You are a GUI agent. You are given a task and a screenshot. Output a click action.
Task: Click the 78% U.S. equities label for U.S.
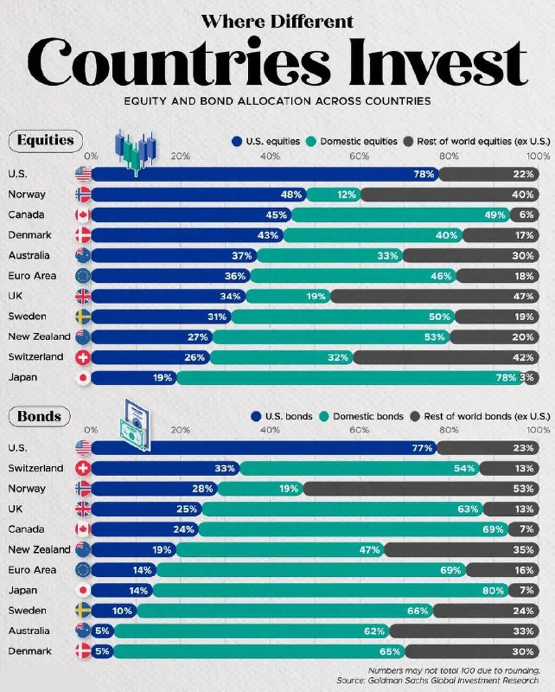point(424,175)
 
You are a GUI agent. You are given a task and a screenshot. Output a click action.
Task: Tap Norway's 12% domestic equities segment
point(334,195)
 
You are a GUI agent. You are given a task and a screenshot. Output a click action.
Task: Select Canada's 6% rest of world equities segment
point(524,215)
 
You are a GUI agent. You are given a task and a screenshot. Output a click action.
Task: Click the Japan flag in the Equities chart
point(83,378)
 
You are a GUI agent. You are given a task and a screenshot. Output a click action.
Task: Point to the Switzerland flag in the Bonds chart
point(83,468)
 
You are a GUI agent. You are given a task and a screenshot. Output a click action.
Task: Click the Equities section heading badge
point(45,140)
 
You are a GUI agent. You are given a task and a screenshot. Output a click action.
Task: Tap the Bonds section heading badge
point(39,416)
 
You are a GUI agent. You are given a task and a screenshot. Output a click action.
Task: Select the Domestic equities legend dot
point(311,142)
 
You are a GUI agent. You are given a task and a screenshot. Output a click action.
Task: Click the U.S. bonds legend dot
point(256,417)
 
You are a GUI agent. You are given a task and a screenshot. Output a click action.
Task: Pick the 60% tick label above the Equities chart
point(359,156)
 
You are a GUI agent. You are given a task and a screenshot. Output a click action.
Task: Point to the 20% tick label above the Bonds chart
point(180,430)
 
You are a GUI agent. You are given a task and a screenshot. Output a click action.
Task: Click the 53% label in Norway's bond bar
point(523,489)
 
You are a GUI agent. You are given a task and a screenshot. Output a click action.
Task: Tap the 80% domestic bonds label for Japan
point(493,591)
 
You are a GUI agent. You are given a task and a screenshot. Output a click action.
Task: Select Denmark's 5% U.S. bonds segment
point(102,652)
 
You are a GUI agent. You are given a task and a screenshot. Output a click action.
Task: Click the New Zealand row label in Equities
point(39,337)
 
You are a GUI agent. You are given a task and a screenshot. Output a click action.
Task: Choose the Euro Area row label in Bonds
point(32,570)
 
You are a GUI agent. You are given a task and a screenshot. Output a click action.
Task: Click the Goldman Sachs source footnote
point(437,680)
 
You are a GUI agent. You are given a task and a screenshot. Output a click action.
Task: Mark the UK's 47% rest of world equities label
point(523,297)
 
